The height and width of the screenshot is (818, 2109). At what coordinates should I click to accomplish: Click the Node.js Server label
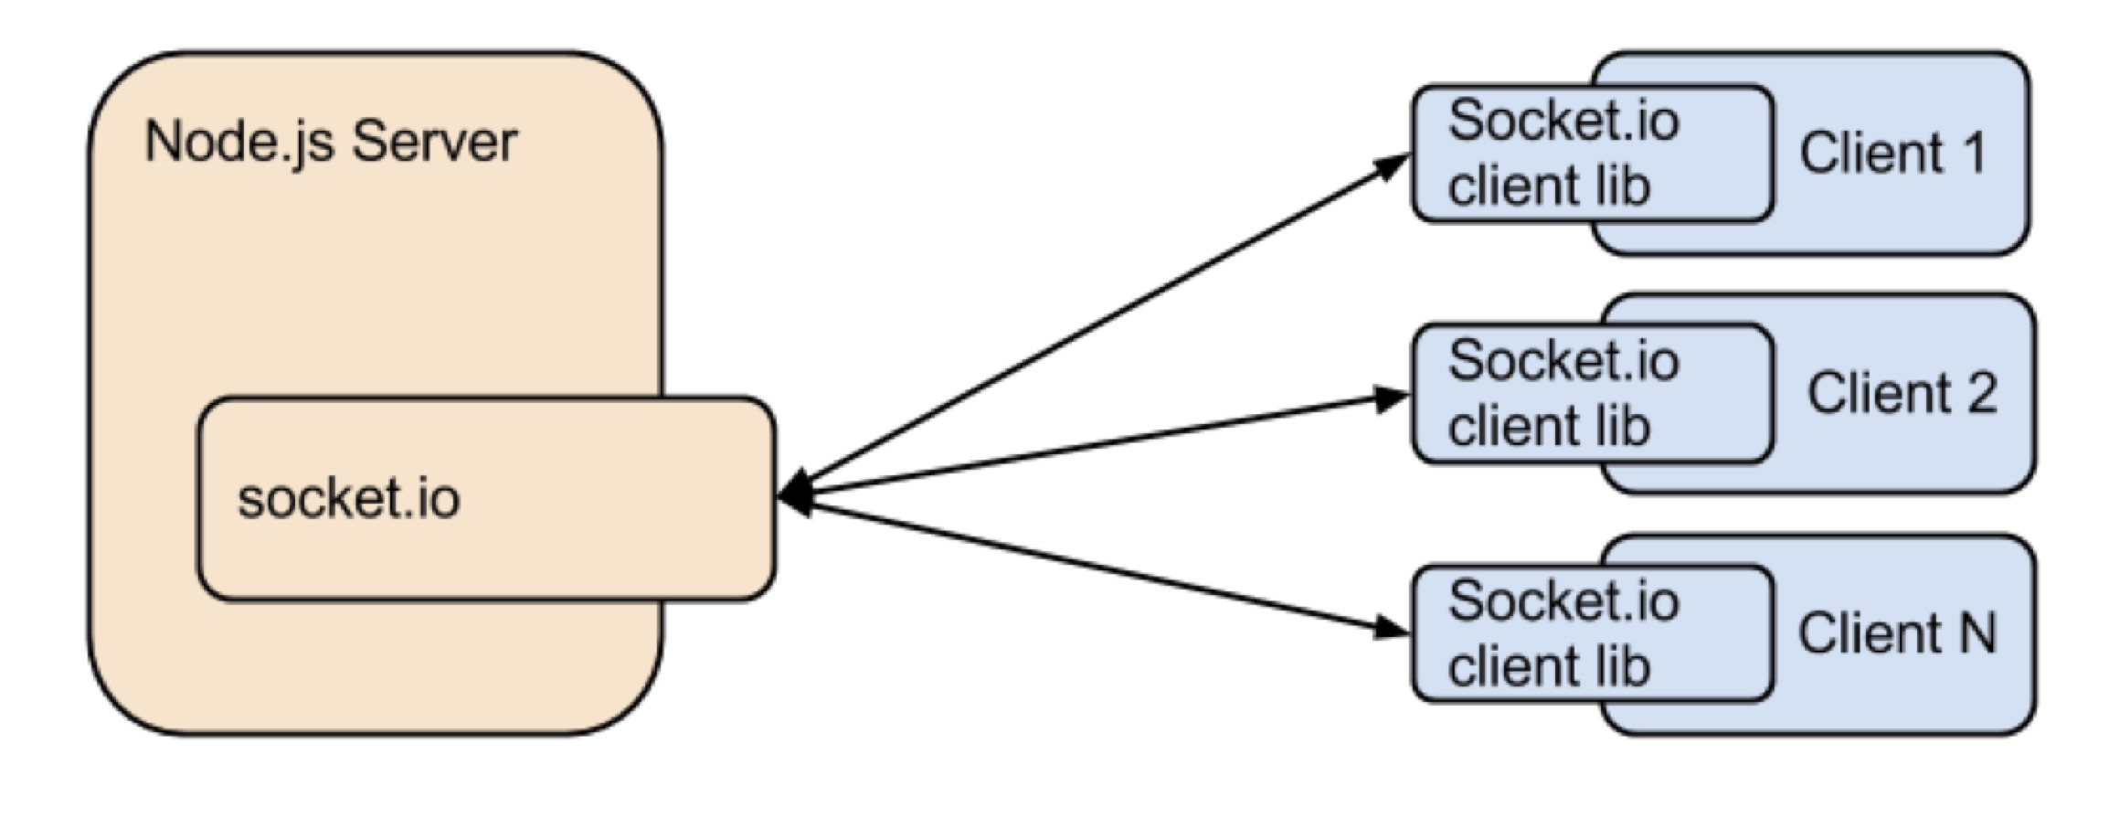point(331,143)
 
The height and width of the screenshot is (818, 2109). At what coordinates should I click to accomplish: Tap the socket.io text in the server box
point(348,499)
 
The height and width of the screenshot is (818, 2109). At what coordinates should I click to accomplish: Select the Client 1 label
point(1892,152)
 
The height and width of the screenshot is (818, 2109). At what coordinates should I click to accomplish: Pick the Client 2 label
point(1902,393)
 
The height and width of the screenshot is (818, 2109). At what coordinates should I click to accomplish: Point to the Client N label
point(1897,632)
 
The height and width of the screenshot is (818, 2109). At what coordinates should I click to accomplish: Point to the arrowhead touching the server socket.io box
point(793,494)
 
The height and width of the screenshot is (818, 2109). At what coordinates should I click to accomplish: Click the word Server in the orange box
point(435,143)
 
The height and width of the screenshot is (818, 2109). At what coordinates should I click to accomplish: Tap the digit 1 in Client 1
point(1975,152)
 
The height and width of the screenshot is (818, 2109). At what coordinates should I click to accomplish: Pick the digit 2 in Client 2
point(1978,393)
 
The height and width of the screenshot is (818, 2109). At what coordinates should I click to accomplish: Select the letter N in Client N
point(1974,632)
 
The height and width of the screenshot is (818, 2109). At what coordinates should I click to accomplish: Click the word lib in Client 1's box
point(1617,186)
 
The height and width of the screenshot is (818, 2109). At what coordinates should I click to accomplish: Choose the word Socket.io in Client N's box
point(1563,601)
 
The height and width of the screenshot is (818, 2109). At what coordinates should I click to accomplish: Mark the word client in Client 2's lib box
point(1508,426)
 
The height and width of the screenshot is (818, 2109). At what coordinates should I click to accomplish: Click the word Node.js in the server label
point(239,143)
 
